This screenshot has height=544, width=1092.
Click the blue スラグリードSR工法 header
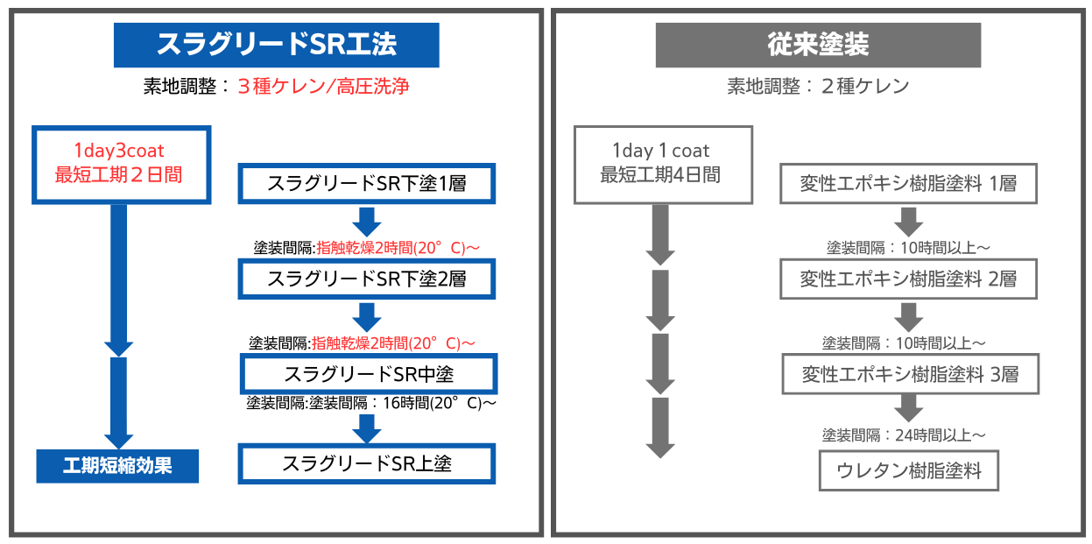[x=276, y=45]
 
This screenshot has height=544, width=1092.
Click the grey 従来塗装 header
[x=818, y=45]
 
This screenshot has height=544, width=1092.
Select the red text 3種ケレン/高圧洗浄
[x=323, y=87]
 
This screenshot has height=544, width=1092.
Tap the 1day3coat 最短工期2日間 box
[x=122, y=164]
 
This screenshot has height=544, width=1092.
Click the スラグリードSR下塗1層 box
[x=367, y=184]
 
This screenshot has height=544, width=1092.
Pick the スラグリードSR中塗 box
[x=369, y=374]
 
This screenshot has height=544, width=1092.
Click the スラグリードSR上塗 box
[x=367, y=463]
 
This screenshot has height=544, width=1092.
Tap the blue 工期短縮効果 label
[x=117, y=465]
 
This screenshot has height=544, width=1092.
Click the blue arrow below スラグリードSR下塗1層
[x=367, y=221]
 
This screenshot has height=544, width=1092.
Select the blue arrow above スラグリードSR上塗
[x=367, y=427]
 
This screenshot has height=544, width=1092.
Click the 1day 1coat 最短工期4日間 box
[x=662, y=164]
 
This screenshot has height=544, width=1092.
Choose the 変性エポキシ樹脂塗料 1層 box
[x=908, y=184]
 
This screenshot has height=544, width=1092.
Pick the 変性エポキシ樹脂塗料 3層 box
[x=911, y=374]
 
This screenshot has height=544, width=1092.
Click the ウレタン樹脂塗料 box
[x=909, y=470]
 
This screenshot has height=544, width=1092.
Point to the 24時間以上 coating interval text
[x=904, y=434]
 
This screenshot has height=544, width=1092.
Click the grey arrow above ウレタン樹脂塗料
[x=908, y=406]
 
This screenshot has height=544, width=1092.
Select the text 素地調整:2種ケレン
[x=818, y=87]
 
